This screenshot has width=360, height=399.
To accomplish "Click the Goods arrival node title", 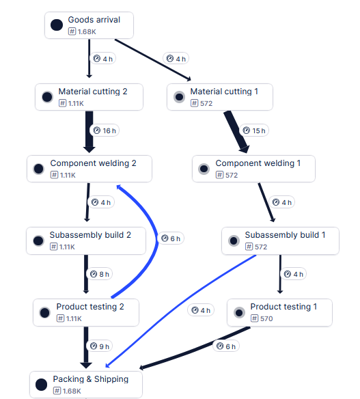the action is click(x=94, y=20).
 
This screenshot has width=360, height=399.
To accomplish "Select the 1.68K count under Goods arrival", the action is click(x=87, y=32).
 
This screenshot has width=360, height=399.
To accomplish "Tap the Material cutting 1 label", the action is click(x=224, y=92).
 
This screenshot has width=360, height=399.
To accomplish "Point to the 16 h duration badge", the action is click(x=105, y=130).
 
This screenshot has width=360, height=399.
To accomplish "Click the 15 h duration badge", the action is click(x=254, y=130).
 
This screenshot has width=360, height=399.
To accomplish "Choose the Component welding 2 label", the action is click(x=93, y=163).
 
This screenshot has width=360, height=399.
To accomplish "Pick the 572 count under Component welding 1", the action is click(x=232, y=175).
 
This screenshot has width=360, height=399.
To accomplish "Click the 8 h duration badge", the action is click(x=100, y=274).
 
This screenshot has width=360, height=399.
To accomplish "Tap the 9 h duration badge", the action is click(x=100, y=346).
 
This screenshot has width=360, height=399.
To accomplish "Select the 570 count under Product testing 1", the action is click(x=266, y=318).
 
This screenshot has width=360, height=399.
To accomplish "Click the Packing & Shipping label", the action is click(x=91, y=379).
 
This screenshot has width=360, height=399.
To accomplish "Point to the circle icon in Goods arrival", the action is click(x=57, y=25).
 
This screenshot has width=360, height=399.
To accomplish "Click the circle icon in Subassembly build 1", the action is click(x=234, y=240).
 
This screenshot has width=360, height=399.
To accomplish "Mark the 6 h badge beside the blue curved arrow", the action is click(x=171, y=238).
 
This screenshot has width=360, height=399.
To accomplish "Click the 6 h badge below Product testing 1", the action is click(x=226, y=346).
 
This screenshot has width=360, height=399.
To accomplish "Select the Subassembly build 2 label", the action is click(x=90, y=235).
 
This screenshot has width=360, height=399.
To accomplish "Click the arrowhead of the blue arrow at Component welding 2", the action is click(x=119, y=187).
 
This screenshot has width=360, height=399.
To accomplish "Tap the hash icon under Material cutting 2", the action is click(x=62, y=103).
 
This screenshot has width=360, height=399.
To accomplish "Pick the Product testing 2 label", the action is click(x=90, y=307).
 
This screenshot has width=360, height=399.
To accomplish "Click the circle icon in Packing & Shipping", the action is click(x=41, y=385).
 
